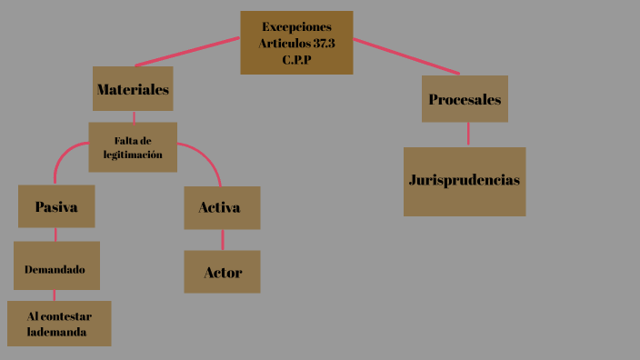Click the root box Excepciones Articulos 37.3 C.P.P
[x=296, y=42]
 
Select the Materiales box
[x=133, y=89]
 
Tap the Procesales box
[x=465, y=99]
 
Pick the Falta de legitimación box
[x=133, y=147]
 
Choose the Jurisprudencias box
[x=465, y=181]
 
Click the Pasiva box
[x=56, y=206]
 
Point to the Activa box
[x=222, y=207]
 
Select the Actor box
[x=222, y=272]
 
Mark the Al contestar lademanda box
[x=59, y=325]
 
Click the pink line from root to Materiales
[x=188, y=52]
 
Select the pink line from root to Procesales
[x=406, y=56]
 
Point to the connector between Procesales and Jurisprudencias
[x=468, y=135]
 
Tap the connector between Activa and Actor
[x=223, y=240]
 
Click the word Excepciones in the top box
[x=296, y=26]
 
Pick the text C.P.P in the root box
[x=297, y=58]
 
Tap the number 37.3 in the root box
[x=324, y=43]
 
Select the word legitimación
[x=133, y=155]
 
